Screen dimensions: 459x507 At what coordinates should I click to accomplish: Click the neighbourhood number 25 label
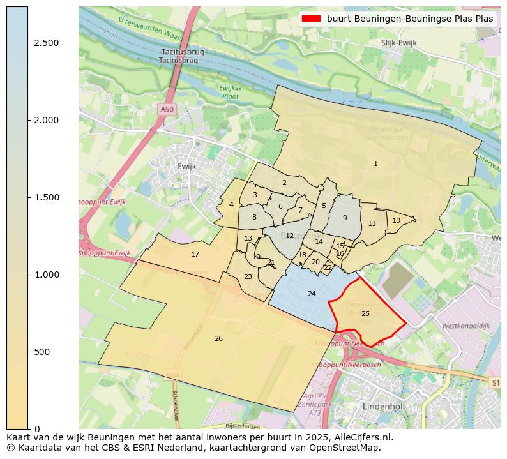pyautogui.click(x=365, y=313)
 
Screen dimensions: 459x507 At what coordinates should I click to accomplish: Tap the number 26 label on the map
pyautogui.click(x=218, y=338)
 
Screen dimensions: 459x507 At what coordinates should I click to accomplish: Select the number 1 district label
pyautogui.click(x=375, y=164)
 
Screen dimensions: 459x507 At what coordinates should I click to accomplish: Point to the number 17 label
pyautogui.click(x=195, y=254)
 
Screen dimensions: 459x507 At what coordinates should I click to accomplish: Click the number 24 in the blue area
pyautogui.click(x=312, y=294)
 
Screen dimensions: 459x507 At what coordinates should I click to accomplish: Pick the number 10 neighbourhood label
pyautogui.click(x=396, y=220)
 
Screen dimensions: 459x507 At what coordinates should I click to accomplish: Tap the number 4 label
pyautogui.click(x=231, y=204)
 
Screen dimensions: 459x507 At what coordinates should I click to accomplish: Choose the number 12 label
pyautogui.click(x=289, y=236)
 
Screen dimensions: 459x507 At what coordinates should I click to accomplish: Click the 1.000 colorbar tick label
pyautogui.click(x=42, y=275)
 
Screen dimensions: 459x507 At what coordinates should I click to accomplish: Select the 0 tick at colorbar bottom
pyautogui.click(x=37, y=429)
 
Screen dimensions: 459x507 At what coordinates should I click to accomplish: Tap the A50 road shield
pyautogui.click(x=167, y=109)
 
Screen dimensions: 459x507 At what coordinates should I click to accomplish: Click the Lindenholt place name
pyautogui.click(x=384, y=406)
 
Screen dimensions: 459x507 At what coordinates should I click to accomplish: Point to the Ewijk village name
pyautogui.click(x=186, y=166)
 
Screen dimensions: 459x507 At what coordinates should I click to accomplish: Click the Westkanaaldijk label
pyautogui.click(x=465, y=326)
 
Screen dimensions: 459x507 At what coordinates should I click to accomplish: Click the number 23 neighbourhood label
pyautogui.click(x=248, y=276)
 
